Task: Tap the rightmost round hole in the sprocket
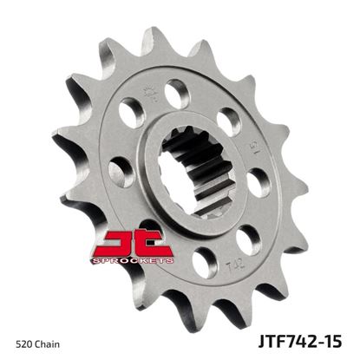258,184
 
